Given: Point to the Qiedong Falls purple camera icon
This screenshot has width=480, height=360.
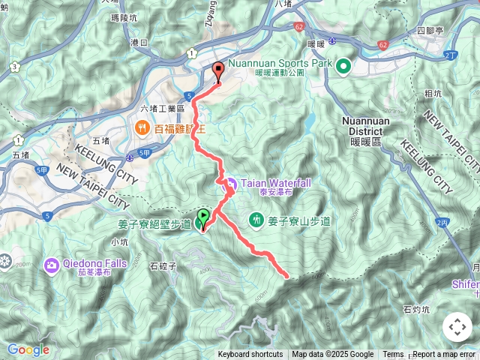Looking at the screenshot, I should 51,265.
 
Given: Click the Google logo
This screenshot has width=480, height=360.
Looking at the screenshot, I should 28,349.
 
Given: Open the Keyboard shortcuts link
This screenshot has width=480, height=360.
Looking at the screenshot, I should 250,355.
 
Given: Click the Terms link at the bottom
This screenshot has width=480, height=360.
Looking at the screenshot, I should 393,355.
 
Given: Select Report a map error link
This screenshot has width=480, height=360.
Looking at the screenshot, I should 445,355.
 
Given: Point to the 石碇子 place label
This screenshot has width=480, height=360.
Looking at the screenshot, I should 163,265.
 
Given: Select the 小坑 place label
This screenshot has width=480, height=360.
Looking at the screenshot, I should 119,241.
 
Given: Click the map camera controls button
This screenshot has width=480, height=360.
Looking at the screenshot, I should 457,327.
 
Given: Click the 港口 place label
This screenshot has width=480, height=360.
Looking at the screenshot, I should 139,43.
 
